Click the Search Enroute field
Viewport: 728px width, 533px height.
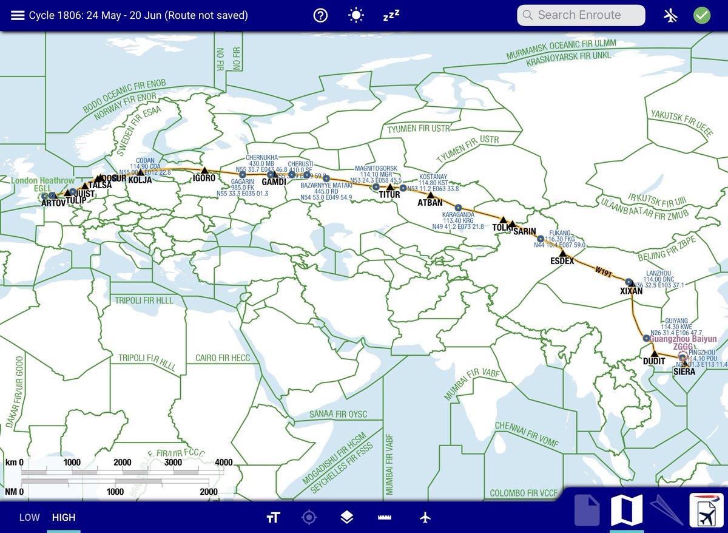point(581,15)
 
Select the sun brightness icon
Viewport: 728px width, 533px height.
point(356,16)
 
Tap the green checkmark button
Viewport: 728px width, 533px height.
point(702,15)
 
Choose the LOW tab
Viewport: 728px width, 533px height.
point(29,517)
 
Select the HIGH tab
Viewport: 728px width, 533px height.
point(64,517)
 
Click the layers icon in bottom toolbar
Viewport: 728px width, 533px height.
point(346,517)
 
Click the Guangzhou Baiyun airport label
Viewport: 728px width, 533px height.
point(684,339)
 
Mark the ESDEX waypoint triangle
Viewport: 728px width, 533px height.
point(562,253)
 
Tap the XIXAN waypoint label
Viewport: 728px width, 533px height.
point(631,291)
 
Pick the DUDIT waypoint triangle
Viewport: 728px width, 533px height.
point(654,353)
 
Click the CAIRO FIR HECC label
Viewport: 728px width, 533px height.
point(223,358)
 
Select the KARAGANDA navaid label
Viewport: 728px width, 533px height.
point(459,215)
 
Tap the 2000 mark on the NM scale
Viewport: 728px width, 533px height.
point(208,492)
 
